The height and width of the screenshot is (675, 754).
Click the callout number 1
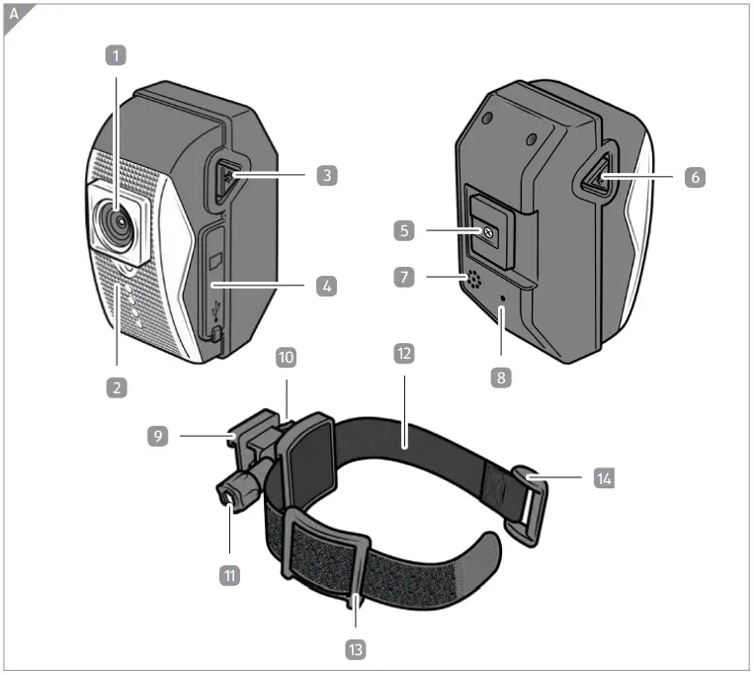[x=118, y=56]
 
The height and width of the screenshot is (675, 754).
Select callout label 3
[x=327, y=176]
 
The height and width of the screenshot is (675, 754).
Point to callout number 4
[x=327, y=287]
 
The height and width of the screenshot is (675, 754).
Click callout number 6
[x=695, y=177]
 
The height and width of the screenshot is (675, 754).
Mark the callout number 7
[x=402, y=278]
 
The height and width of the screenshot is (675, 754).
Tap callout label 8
[x=503, y=377]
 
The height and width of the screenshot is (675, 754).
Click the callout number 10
[x=286, y=357]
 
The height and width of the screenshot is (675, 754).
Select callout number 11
[x=229, y=572]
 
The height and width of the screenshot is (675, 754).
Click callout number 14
[x=604, y=478]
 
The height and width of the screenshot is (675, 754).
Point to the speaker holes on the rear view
[x=475, y=281]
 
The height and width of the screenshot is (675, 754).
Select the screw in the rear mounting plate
[x=488, y=231]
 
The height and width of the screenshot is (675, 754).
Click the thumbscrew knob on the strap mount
[x=230, y=494]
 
